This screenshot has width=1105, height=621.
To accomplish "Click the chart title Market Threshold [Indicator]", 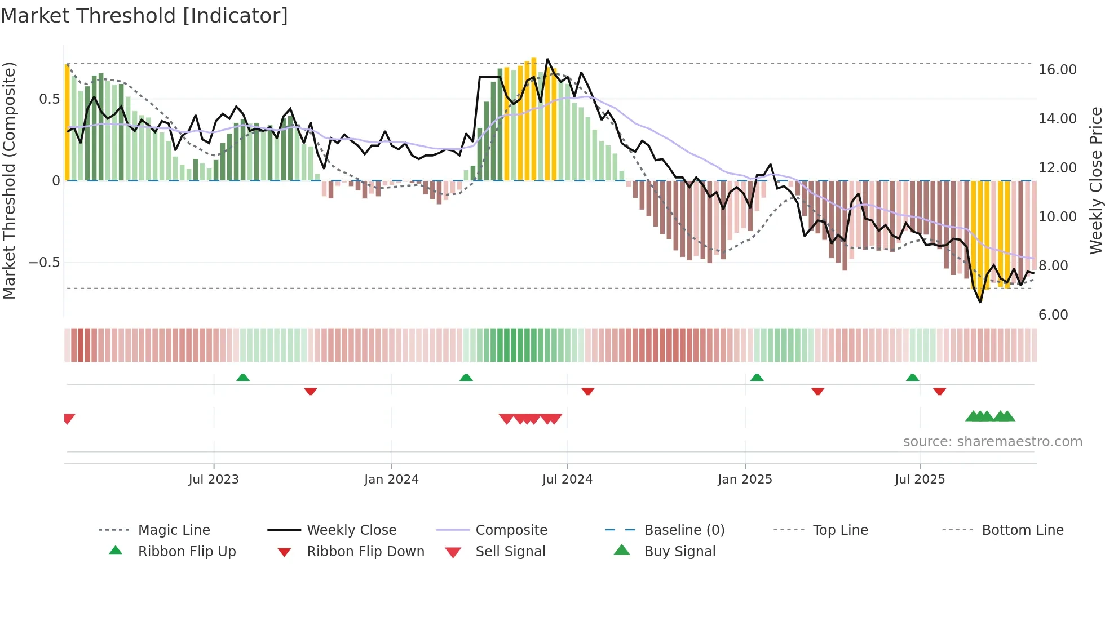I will pyautogui.click(x=144, y=16).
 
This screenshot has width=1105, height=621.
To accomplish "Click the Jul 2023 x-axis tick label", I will pyautogui.click(x=214, y=480).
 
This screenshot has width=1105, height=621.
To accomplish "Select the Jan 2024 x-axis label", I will pyautogui.click(x=391, y=480).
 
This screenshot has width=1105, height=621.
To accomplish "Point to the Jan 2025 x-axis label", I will pyautogui.click(x=745, y=480).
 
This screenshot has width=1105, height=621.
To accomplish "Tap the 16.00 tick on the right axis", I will pyautogui.click(x=1057, y=70).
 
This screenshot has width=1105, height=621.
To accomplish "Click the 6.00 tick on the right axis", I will pyautogui.click(x=1053, y=315).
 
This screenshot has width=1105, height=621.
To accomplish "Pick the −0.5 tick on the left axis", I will pyautogui.click(x=44, y=263).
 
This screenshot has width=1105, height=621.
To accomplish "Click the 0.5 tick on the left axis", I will pyautogui.click(x=49, y=99).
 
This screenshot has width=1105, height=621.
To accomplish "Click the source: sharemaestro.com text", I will pyautogui.click(x=992, y=442).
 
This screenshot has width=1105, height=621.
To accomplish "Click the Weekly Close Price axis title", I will pyautogui.click(x=1095, y=180).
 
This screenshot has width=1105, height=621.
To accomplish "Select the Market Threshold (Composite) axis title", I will pyautogui.click(x=9, y=180).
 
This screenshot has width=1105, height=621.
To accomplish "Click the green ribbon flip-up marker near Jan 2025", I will pyautogui.click(x=757, y=378).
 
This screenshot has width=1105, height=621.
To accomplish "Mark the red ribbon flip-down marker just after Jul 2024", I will pyautogui.click(x=587, y=391).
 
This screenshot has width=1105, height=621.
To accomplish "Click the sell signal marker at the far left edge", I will pyautogui.click(x=69, y=419).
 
